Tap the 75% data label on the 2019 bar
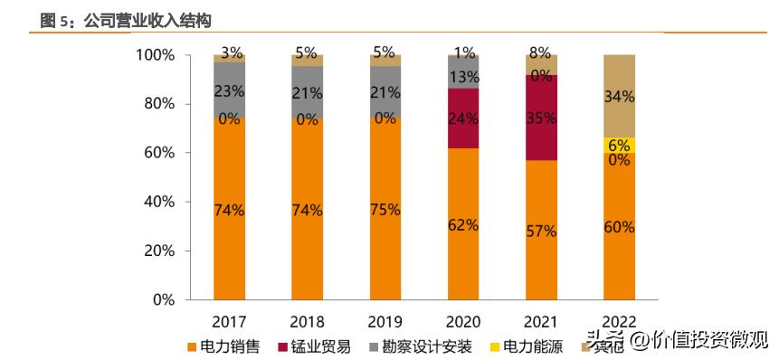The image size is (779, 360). coord(385,210)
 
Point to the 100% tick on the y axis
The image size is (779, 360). coord(155,55)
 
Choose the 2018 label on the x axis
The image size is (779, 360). coord(307,321)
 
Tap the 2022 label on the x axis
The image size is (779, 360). coord(619,321)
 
